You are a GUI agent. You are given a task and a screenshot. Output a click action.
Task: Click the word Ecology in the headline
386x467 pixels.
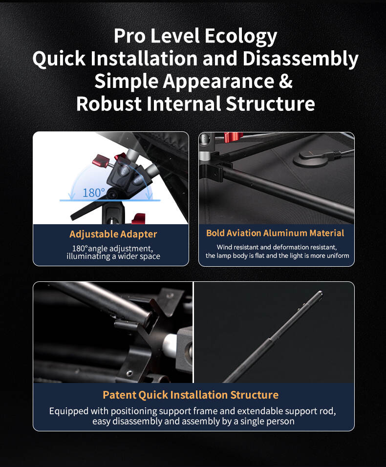(x=241, y=37)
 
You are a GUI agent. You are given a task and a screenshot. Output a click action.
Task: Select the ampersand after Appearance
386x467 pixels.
(x=286, y=81)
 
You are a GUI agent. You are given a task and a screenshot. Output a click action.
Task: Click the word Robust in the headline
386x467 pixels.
(x=108, y=104)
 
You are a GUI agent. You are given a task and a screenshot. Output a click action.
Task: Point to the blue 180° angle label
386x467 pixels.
(x=93, y=193)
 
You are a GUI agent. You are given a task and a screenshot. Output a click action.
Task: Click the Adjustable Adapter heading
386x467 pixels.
(x=113, y=234)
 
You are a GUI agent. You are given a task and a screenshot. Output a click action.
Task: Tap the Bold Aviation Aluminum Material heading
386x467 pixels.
(x=275, y=233)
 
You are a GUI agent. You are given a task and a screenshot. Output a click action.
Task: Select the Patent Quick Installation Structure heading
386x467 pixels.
(x=191, y=395)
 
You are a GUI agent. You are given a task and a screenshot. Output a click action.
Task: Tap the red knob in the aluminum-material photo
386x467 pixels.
(x=233, y=137)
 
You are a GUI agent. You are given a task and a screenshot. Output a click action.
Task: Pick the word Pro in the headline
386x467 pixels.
(x=129, y=36)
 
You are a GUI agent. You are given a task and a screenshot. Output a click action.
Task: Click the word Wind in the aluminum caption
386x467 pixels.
(x=224, y=247)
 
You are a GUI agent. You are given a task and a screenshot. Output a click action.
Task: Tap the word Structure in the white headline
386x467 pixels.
(x=270, y=104)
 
